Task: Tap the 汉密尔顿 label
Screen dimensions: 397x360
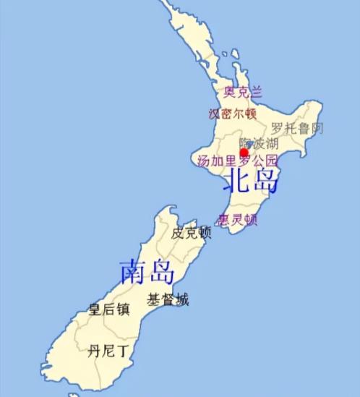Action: [x=232, y=114]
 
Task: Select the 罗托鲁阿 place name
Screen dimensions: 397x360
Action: [x=297, y=128]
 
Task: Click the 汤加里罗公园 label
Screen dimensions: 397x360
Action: [x=237, y=160]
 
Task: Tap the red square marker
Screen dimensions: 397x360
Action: [x=244, y=153]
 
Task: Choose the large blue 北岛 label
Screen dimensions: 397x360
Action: [x=250, y=181]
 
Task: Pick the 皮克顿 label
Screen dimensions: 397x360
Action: [x=191, y=233]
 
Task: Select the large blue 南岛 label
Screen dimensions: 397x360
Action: [x=147, y=272]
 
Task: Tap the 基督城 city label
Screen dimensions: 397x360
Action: [x=168, y=299]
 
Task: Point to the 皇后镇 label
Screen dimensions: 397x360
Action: [x=108, y=310]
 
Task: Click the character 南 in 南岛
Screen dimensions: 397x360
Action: [x=134, y=272]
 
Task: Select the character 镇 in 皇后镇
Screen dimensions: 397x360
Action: [x=122, y=310]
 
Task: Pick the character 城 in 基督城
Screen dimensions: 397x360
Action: [x=181, y=299]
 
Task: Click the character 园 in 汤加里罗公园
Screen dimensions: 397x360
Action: [x=270, y=160]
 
